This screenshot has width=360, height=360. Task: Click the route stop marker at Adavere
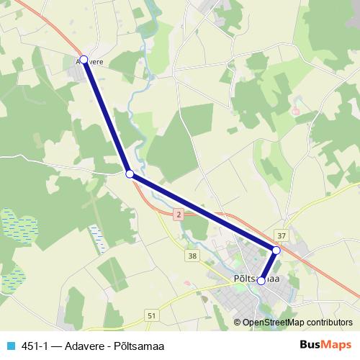pos(84,60)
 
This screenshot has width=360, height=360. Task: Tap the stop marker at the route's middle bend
pos(130,174)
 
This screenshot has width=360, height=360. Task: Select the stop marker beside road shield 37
pos(276,250)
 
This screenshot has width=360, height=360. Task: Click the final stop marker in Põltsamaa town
pos(261,282)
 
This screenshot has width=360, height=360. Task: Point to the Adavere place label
pos(91,62)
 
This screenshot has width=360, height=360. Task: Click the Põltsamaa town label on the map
pos(256,278)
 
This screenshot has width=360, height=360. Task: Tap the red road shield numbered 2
pos(177,215)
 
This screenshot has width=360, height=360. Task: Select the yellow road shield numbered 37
pos(282,235)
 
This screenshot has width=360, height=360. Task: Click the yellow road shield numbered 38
pos(192,255)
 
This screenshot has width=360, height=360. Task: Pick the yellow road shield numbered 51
pos(150,315)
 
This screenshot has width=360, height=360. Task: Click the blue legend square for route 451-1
pos(9,344)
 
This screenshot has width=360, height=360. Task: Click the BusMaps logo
pos(326,344)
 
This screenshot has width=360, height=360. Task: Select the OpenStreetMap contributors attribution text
pos(297,323)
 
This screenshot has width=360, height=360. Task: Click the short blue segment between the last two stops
pos(269,266)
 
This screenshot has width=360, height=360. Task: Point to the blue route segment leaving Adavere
pos(107,117)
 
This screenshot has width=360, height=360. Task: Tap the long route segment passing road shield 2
pos(202,211)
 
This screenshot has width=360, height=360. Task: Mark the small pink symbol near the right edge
pos(295,112)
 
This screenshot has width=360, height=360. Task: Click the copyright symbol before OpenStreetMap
pos(238,323)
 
